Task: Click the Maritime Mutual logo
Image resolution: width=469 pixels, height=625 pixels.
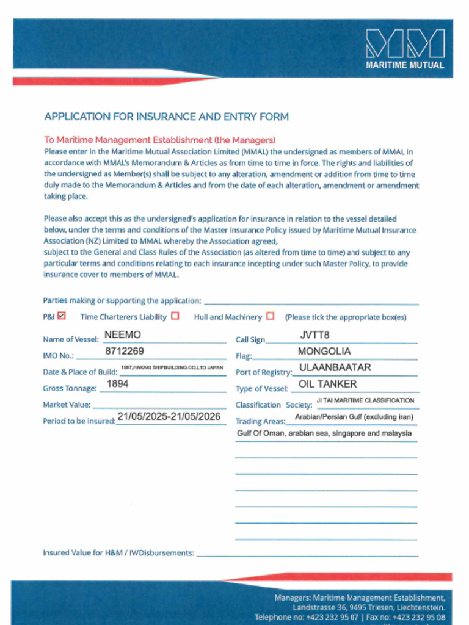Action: click(x=405, y=49)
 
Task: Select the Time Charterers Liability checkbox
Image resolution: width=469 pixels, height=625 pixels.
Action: click(x=175, y=316)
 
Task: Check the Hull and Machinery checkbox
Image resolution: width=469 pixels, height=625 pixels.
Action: click(x=271, y=316)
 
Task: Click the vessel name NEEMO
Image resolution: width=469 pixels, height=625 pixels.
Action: click(x=123, y=335)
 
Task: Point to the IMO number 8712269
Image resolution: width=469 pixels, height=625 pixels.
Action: click(x=125, y=351)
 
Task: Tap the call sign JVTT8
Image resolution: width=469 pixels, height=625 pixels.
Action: click(x=314, y=335)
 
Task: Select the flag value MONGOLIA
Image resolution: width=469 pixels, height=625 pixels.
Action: click(x=324, y=352)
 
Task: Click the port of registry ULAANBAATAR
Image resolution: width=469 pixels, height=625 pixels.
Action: click(x=335, y=368)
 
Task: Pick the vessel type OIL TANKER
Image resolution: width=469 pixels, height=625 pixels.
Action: click(x=327, y=385)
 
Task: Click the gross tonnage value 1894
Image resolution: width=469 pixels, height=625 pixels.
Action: click(x=118, y=384)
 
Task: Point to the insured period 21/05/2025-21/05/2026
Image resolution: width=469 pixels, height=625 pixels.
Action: click(x=169, y=417)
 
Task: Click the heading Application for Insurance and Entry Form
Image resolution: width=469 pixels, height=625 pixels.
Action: click(x=167, y=117)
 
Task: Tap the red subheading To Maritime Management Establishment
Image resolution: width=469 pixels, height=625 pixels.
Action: click(x=159, y=140)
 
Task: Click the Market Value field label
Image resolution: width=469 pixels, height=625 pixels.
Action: click(x=67, y=405)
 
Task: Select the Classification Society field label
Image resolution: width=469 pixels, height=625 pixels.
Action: click(x=274, y=405)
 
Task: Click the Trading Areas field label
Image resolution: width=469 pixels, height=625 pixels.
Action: click(x=260, y=421)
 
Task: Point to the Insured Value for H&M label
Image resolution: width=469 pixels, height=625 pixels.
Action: click(x=118, y=553)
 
